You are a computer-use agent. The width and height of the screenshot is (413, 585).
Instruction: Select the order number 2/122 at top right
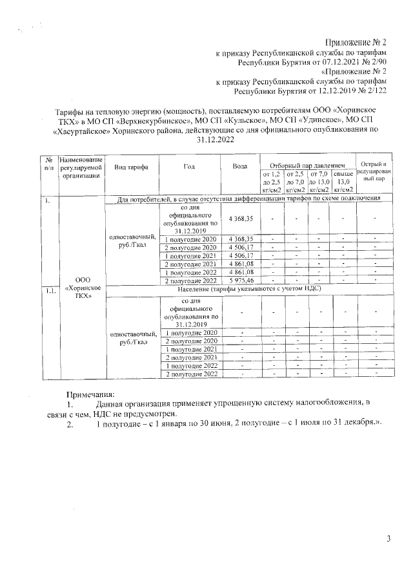pyautogui.click(x=376, y=92)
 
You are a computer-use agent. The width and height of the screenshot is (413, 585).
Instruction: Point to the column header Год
pyautogui.click(x=189, y=167)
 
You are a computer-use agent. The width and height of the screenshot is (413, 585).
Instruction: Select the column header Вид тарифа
pyautogui.click(x=131, y=167)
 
